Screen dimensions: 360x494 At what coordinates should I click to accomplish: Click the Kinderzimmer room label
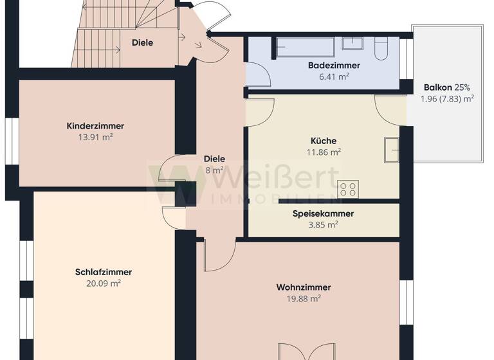click(95, 126)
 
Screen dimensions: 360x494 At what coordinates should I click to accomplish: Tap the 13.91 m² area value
click(95, 137)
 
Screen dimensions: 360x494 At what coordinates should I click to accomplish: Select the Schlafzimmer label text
click(103, 272)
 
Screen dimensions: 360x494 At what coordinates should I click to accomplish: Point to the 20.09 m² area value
click(103, 283)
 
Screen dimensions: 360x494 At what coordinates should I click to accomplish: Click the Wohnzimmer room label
click(304, 287)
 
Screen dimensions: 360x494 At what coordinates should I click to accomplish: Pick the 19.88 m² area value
click(304, 298)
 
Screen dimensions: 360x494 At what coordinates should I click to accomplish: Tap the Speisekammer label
click(323, 214)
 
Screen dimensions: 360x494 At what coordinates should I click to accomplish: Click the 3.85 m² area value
click(323, 225)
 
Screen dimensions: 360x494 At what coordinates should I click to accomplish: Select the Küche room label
click(323, 141)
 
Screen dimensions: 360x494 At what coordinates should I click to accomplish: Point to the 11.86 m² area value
click(323, 152)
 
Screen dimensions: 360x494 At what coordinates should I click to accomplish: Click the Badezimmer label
click(334, 66)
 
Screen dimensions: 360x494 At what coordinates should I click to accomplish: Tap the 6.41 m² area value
click(334, 76)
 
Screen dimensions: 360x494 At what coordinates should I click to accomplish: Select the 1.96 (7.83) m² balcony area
click(447, 98)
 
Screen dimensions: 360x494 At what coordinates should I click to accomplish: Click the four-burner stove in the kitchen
click(348, 189)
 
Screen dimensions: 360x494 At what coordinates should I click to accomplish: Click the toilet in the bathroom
click(381, 46)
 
